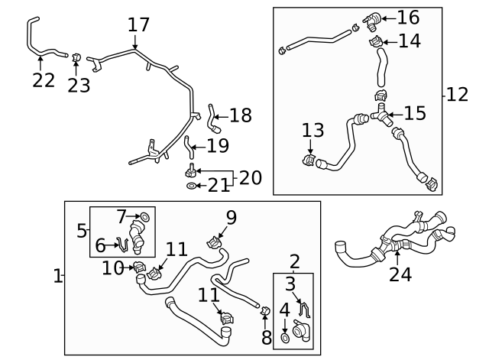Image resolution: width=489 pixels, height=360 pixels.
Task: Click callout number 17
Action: pos(138,24)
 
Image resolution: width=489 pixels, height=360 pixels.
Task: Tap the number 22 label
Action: pos(44,80)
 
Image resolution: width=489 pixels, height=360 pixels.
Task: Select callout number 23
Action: pos(79,84)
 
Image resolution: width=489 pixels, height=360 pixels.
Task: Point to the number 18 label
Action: pos(240,115)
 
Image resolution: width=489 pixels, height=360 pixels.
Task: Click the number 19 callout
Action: pos(217,144)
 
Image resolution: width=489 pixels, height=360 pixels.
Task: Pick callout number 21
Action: pos(219,186)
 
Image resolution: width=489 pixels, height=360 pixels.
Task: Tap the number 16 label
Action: pos(408,17)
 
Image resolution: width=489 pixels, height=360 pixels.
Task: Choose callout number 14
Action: pos(409,41)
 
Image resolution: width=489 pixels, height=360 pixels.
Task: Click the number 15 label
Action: pos(415,113)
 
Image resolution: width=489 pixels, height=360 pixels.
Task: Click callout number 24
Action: pos(400,273)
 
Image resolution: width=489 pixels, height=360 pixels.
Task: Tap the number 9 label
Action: pos(231,217)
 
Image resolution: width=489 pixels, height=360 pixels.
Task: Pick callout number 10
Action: pos(113,268)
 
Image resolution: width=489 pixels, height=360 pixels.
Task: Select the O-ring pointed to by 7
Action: pos(146,218)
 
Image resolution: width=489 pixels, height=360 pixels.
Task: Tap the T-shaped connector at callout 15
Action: pos(381,115)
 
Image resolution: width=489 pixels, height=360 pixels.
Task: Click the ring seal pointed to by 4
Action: pos(284,336)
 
